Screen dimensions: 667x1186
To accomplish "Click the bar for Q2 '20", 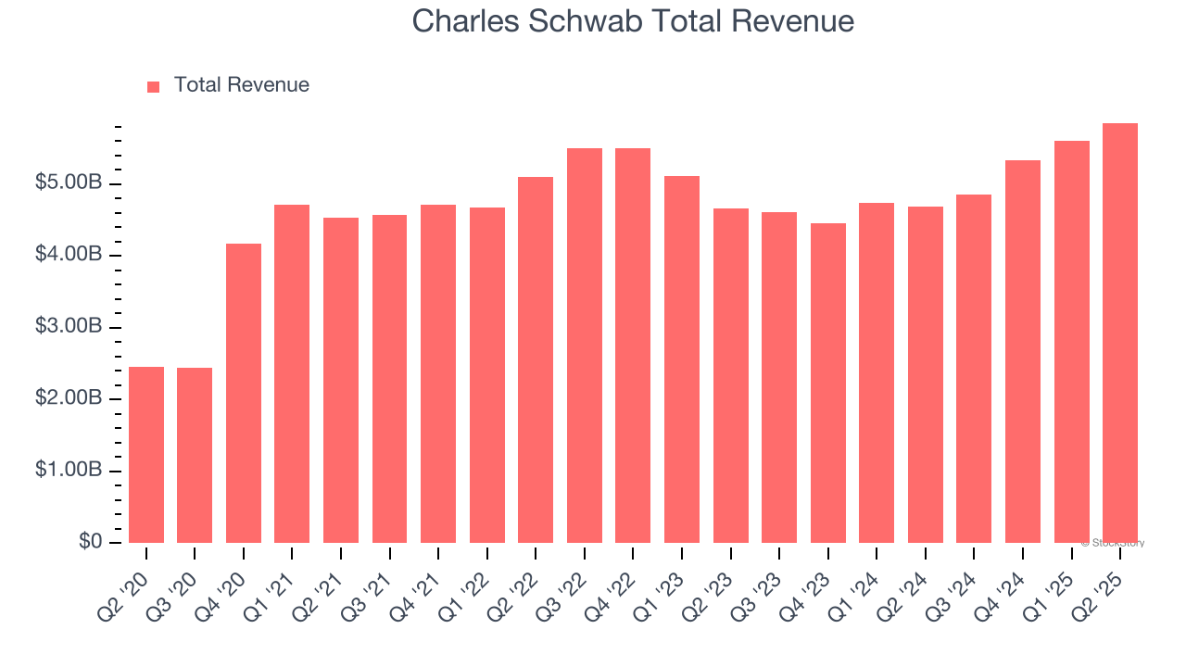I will click(146, 454).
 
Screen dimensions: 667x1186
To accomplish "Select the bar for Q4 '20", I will click(244, 393).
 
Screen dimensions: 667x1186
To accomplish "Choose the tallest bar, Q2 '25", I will click(1120, 333).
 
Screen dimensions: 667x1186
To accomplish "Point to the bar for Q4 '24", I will click(1023, 351).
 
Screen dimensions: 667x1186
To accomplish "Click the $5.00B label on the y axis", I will click(69, 182).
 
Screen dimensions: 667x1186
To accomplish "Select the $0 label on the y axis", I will click(89, 542).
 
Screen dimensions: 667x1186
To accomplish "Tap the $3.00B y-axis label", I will click(69, 326).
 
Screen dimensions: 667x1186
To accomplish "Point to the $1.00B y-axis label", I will click(69, 470).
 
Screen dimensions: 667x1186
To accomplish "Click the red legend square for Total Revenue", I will click(154, 86).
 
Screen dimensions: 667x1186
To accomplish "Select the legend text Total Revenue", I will click(242, 85).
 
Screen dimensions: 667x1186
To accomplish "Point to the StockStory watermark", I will click(1113, 543).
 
